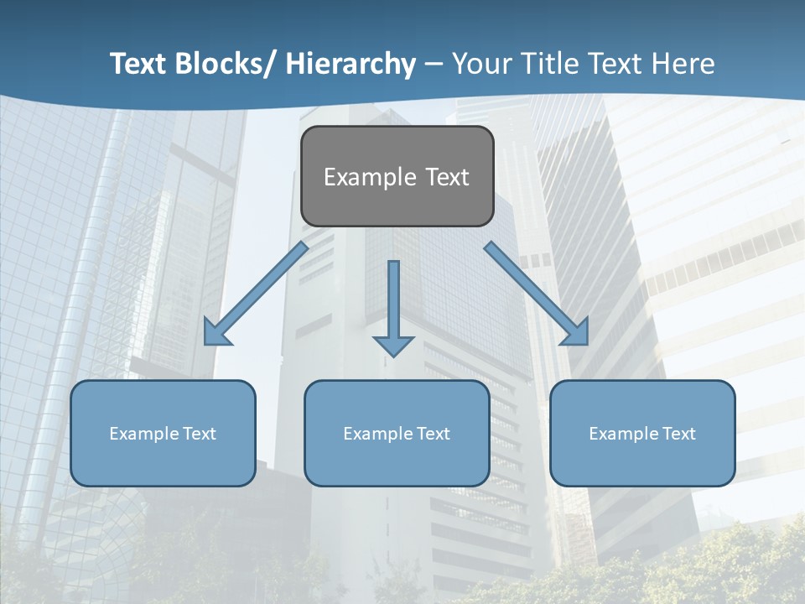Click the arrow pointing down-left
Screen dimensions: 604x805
256,294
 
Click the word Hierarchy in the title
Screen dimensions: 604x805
350,64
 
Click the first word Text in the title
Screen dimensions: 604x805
140,64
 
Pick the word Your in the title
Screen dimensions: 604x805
481,64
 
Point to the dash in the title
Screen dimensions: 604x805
433,65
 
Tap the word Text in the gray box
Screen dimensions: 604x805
446,177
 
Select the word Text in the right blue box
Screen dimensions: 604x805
678,434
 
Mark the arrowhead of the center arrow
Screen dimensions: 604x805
393,346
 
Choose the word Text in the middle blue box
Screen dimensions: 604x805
433,434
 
